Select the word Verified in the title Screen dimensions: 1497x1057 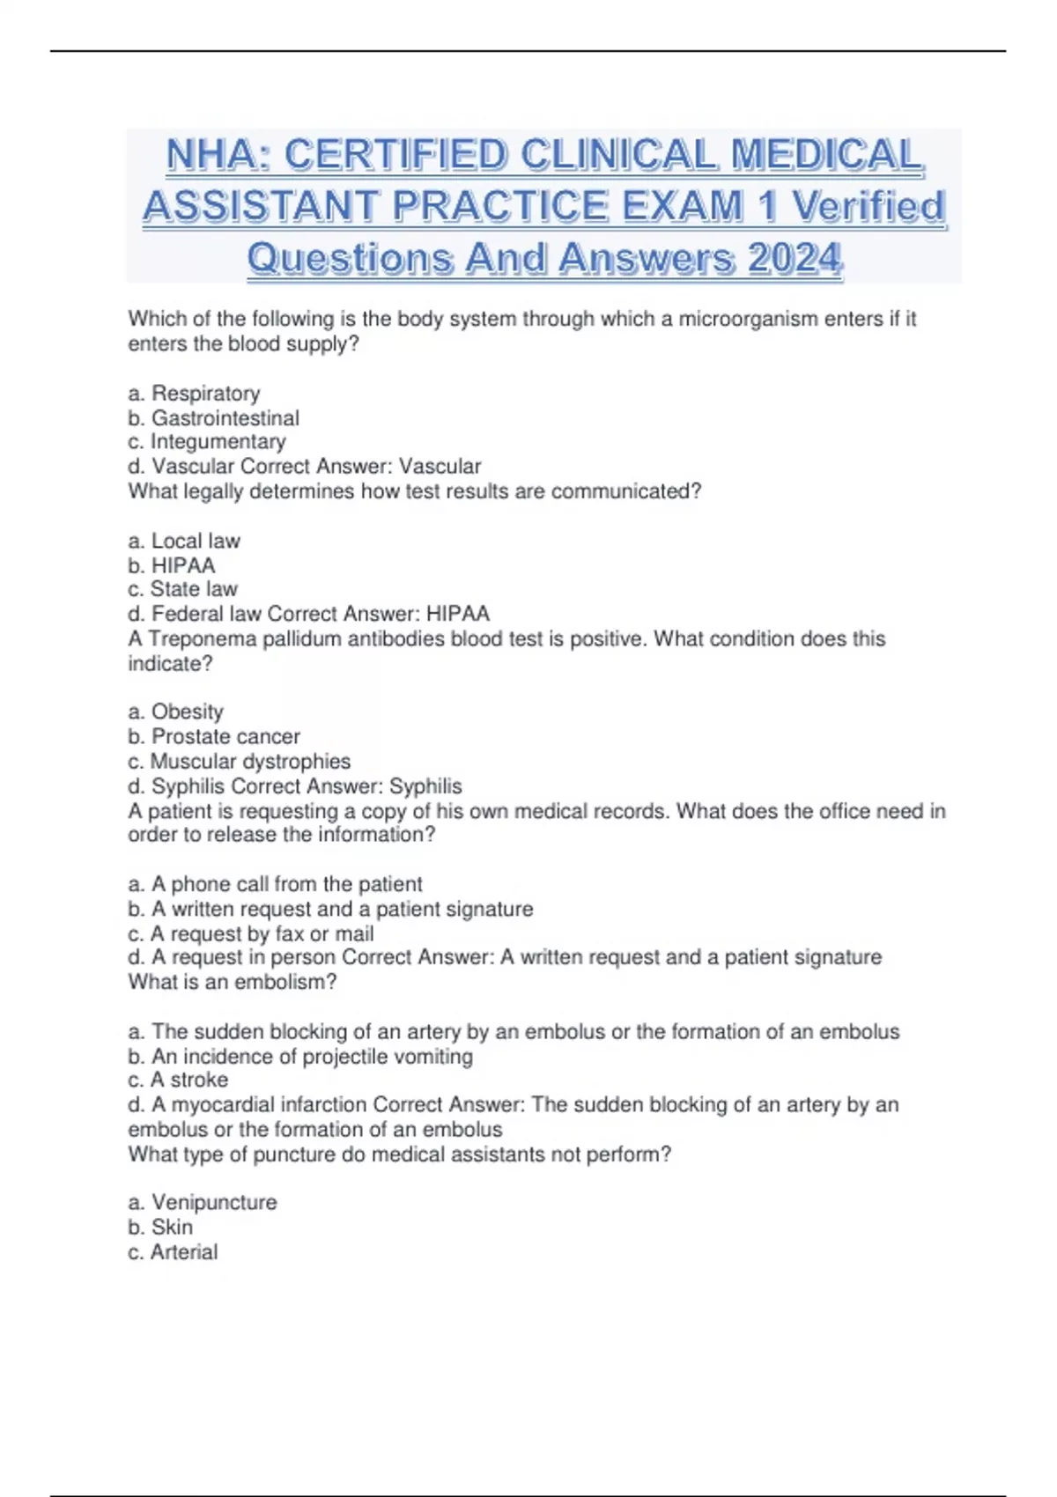pos(868,207)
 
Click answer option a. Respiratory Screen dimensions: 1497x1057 pos(194,394)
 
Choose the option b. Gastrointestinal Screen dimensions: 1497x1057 pos(213,418)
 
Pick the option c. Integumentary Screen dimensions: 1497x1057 pos(207,442)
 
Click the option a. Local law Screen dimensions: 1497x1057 pos(184,541)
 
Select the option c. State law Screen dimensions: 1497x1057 pos(182,589)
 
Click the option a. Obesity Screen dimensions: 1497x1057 pos(175,712)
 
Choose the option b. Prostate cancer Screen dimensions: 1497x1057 pos(213,736)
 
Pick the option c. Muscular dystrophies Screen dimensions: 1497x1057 pos(239,761)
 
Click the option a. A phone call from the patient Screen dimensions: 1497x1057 pos(275,884)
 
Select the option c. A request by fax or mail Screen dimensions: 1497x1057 pos(250,933)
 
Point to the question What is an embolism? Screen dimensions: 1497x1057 pos(233,982)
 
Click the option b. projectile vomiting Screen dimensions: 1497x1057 pos(299,1056)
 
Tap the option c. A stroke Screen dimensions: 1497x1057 pos(178,1080)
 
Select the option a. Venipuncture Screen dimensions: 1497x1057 pos(202,1203)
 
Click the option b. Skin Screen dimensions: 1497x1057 pos(160,1228)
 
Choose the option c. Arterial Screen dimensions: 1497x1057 pos(173,1252)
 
